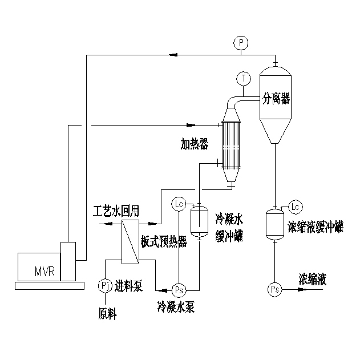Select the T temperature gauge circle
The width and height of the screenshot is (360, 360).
244,77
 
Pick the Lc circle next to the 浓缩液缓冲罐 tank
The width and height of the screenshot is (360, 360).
295,206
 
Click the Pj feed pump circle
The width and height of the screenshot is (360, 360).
104,285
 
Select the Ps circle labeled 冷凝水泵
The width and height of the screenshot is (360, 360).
179,290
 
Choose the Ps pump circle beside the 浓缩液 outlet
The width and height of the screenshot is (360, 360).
274,290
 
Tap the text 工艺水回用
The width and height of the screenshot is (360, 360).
116,211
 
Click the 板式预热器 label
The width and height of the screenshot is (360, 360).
164,241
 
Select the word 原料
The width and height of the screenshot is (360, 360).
107,313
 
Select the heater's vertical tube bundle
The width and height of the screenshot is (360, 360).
230,147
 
